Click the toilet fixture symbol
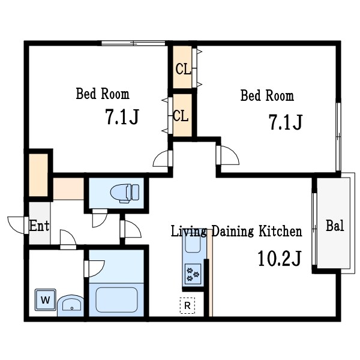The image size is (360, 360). click(125, 193)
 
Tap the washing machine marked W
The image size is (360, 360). click(46, 299)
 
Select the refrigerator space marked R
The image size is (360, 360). click(187, 305)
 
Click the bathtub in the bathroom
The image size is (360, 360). click(116, 299)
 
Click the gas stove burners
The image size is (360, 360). click(193, 274)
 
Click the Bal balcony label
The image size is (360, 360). click(335, 226)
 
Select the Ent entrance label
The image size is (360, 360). click(39, 226)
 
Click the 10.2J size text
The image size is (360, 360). click(279, 258)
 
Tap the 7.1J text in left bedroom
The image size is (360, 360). click(122, 116)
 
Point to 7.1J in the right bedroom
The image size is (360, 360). click(286, 122)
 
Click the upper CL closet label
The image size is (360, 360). click(183, 69)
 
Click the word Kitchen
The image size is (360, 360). click(280, 231)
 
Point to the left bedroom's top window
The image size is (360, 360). click(133, 43)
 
